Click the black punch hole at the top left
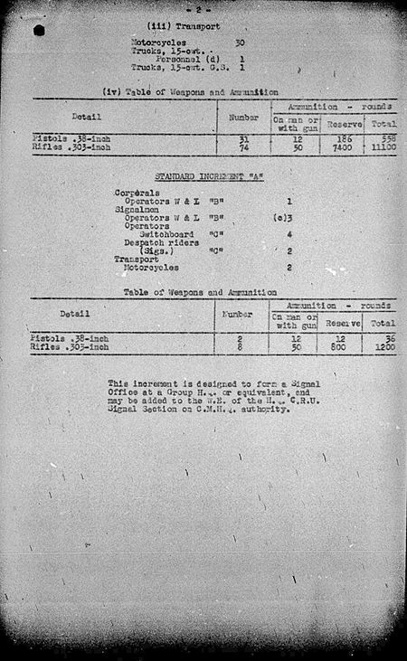coord(39,30)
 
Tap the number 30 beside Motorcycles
coord(240,42)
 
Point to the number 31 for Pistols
coord(242,137)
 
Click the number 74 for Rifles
coord(242,146)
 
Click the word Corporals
coord(133,194)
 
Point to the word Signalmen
coord(133,209)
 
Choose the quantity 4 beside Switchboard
coord(289,234)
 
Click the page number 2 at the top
coord(203,7)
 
